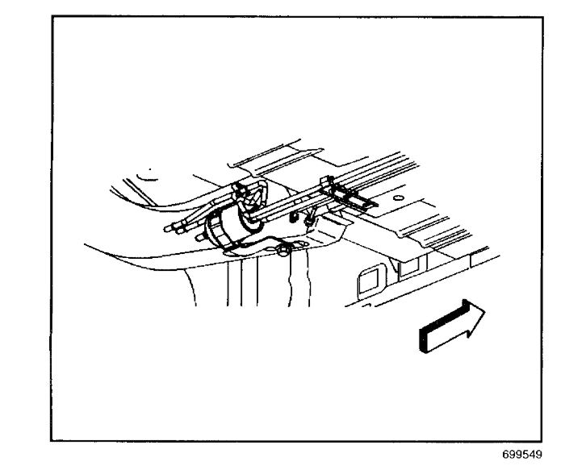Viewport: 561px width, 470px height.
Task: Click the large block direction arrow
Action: [451, 326]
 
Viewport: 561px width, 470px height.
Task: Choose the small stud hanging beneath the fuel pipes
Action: [310, 217]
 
